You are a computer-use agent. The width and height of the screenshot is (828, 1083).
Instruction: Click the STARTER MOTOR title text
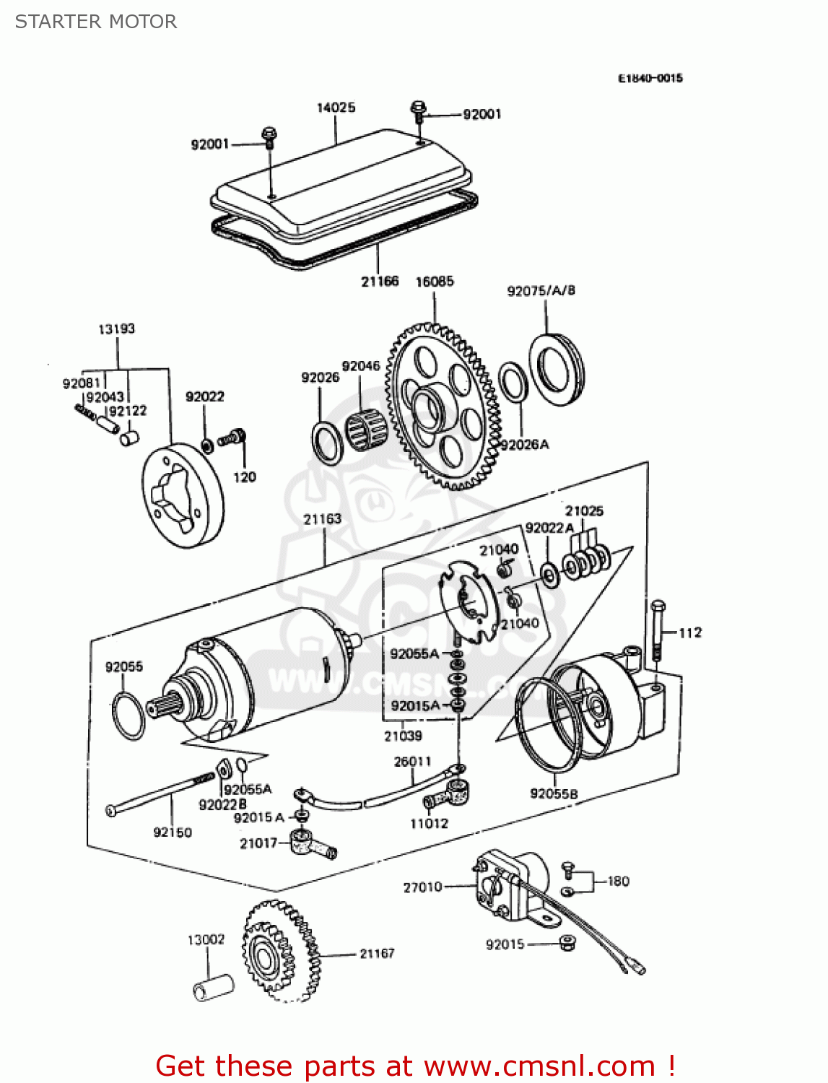[x=96, y=22]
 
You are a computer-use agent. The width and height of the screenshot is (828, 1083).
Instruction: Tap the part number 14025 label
[x=336, y=108]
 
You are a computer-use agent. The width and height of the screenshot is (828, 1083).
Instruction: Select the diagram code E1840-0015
[x=650, y=78]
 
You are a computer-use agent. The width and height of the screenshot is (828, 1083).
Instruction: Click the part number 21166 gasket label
[x=380, y=282]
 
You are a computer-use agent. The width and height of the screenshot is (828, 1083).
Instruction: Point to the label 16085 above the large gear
[x=435, y=282]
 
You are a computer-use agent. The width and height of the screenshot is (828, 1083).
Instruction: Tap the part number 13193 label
[x=116, y=329]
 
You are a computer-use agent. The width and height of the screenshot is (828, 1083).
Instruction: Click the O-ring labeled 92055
[x=128, y=716]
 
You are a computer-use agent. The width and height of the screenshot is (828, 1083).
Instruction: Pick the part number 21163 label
[x=322, y=519]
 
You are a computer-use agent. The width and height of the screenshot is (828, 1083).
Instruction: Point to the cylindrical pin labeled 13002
[x=214, y=987]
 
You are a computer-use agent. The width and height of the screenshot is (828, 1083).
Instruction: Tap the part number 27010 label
[x=422, y=887]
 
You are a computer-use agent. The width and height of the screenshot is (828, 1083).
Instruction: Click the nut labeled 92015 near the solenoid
[x=568, y=943]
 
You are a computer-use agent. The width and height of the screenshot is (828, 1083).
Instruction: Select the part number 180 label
[x=618, y=882]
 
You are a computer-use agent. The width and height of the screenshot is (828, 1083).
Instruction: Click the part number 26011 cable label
[x=412, y=762]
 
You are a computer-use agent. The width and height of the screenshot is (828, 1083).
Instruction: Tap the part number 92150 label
[x=173, y=832]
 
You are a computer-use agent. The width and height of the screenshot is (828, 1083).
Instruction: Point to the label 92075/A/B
[x=541, y=291]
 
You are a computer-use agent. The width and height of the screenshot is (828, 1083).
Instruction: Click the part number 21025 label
[x=584, y=511]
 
